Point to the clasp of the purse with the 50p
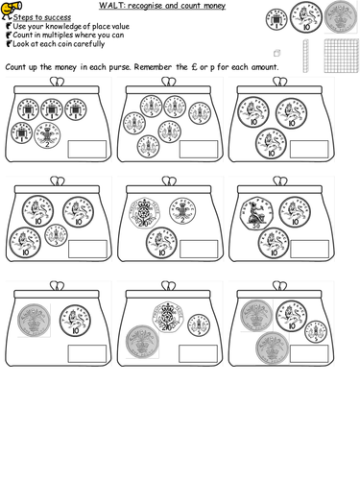pos(277,178)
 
